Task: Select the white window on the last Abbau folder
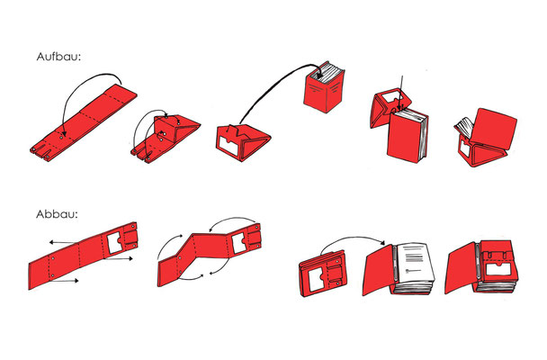(x=499, y=270)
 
